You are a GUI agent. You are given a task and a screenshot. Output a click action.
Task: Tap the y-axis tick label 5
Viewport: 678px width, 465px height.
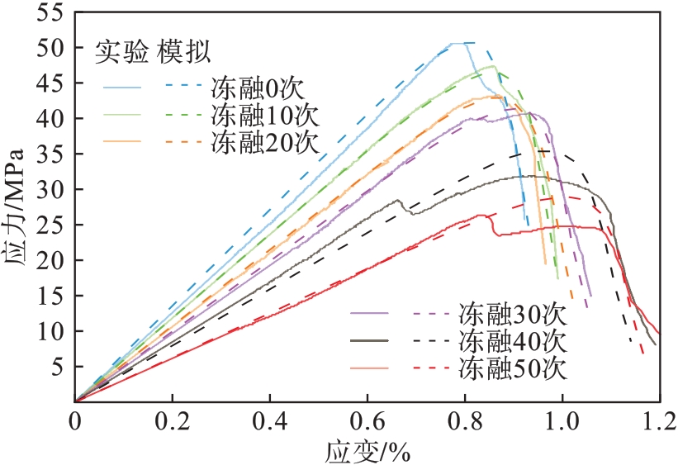pos(57,366)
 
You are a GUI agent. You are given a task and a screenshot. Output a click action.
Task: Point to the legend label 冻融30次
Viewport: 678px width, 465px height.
pos(512,315)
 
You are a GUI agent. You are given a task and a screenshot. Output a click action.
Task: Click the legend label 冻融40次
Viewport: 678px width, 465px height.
pos(512,341)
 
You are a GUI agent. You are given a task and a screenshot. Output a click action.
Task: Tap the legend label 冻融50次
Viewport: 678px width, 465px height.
pos(512,368)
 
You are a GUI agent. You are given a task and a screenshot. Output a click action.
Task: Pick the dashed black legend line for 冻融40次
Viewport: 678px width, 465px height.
pos(429,340)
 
